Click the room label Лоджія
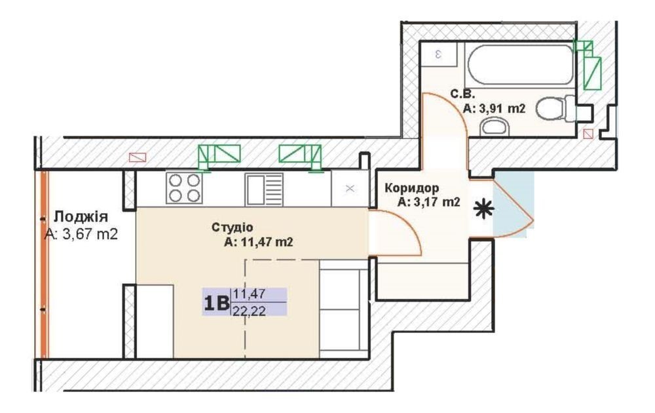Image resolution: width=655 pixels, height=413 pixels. (x=81, y=217)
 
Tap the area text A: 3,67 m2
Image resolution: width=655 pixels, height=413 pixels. (x=81, y=234)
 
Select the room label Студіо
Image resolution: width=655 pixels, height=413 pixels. (x=233, y=227)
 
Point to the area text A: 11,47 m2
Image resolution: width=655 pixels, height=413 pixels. (x=259, y=242)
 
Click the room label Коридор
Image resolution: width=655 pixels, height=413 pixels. (x=412, y=188)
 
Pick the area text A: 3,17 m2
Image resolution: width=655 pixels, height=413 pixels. (x=428, y=203)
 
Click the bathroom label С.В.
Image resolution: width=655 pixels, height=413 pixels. (x=462, y=94)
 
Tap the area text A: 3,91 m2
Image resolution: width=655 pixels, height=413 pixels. (x=494, y=109)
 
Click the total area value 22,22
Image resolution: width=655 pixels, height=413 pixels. (x=250, y=311)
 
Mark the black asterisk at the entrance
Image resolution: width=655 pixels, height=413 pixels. (x=484, y=209)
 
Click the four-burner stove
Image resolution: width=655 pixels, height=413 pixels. (x=184, y=188)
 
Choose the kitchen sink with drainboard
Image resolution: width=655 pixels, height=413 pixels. (x=264, y=189)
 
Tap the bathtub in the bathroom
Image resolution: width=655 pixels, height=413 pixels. (x=521, y=65)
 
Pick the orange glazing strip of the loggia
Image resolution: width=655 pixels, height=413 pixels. (x=43, y=264)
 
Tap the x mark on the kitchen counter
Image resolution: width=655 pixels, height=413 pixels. (x=350, y=189)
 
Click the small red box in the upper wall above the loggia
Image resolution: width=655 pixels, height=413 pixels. (x=138, y=157)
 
